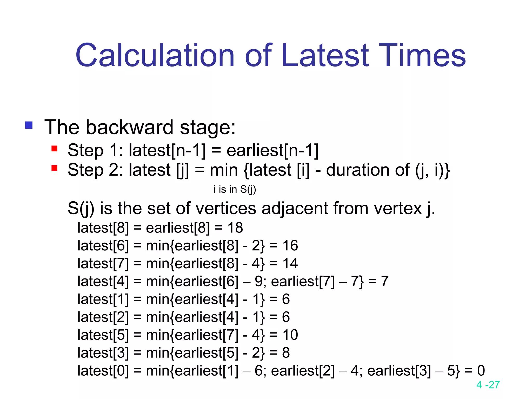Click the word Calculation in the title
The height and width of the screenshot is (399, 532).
155,55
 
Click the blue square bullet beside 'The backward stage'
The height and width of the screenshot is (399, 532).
29,125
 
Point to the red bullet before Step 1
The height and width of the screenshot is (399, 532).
54,149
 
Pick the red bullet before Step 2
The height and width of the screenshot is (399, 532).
54,168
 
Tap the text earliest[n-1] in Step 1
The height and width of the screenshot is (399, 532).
272,150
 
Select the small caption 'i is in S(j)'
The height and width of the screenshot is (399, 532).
235,189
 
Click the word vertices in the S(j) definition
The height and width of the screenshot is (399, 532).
225,208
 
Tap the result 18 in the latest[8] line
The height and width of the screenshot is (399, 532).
235,228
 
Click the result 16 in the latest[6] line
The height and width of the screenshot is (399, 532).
290,245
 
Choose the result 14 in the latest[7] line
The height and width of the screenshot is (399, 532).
290,263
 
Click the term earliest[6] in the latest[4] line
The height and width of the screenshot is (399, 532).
207,281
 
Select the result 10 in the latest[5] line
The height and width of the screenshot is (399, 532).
290,335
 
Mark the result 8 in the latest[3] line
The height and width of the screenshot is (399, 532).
286,353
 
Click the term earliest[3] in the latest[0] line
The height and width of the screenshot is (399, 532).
399,371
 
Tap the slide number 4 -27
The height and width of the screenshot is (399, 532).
488,385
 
